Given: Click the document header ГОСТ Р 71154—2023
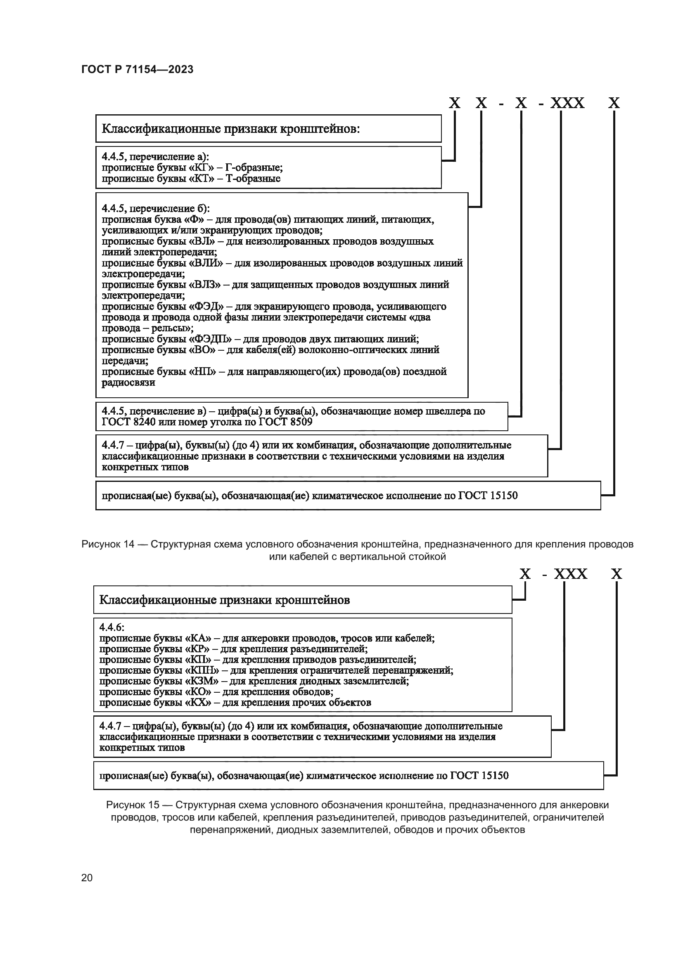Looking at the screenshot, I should point(138,69).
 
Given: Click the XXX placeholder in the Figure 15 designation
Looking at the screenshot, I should point(570,574).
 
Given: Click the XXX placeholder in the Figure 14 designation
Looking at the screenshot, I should point(567,104).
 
